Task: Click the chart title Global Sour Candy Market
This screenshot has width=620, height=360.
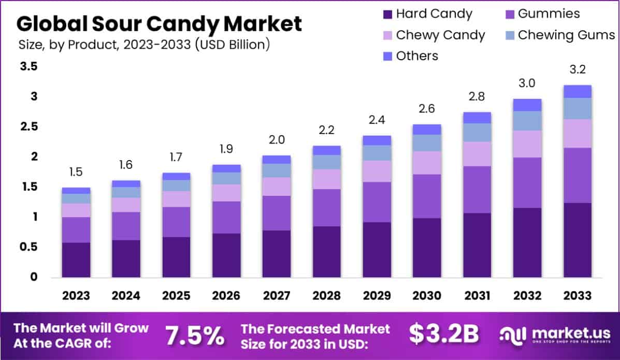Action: point(159,23)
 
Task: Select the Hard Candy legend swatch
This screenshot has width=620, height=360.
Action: point(387,13)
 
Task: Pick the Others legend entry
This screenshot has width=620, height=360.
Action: point(411,56)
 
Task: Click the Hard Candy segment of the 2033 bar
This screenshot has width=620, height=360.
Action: point(578,240)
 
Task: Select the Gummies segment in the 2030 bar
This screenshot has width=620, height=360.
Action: point(426,196)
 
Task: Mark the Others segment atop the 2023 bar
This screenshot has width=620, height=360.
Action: point(76,190)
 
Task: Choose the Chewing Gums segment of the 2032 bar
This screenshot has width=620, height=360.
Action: point(527,121)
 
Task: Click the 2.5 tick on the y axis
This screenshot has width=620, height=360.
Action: point(30,126)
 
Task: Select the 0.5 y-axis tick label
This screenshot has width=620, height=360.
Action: point(30,247)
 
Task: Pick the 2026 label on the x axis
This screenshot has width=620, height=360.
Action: point(226,296)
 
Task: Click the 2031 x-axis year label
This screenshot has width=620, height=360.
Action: point(477,296)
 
